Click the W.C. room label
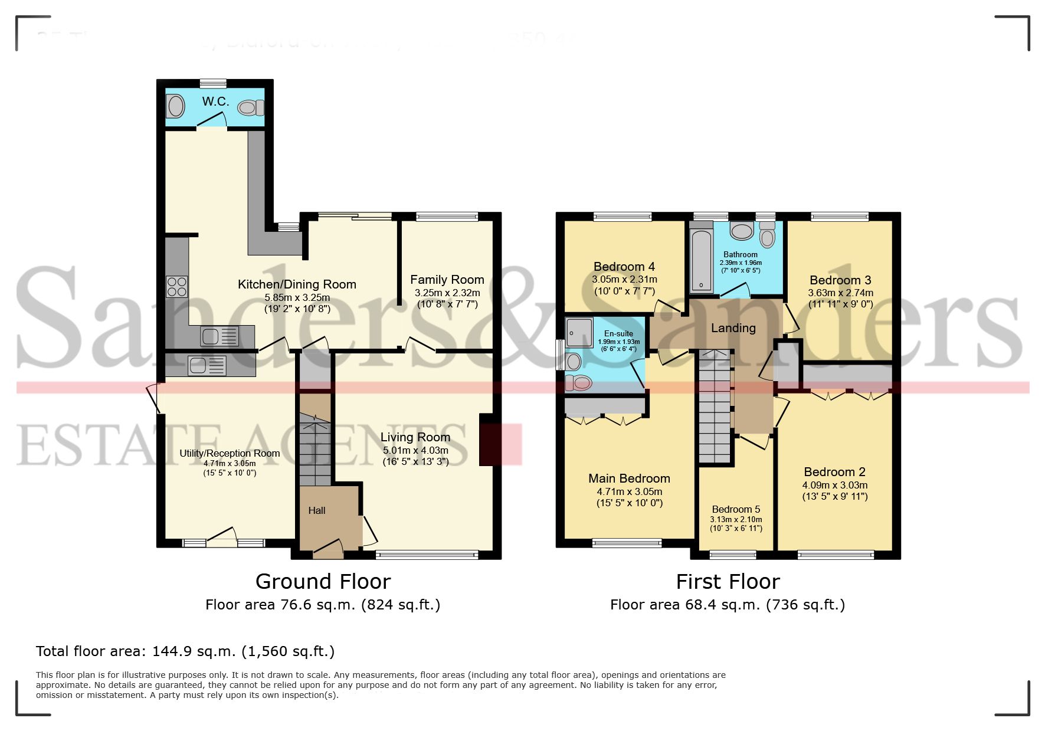[215, 101]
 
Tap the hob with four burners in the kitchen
[176, 287]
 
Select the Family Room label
[447, 280]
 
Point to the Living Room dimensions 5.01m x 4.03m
[415, 450]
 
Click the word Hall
[317, 510]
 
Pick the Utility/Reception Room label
[230, 453]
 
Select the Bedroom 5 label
[736, 509]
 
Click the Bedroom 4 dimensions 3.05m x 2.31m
[624, 280]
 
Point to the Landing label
[733, 328]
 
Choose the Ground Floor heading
[323, 582]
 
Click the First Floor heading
[728, 582]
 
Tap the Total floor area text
[185, 651]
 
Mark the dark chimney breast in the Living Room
[487, 440]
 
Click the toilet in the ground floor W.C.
[250, 107]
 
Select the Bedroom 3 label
[840, 280]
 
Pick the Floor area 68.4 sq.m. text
[727, 605]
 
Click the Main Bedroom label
[629, 478]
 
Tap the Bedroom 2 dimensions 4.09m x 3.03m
[834, 485]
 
